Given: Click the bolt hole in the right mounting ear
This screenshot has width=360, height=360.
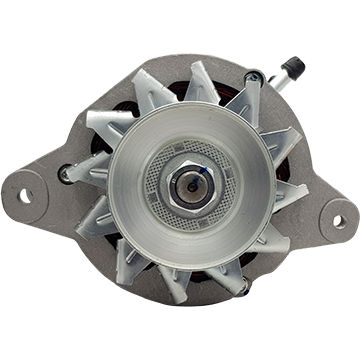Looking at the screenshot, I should click(x=339, y=221).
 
